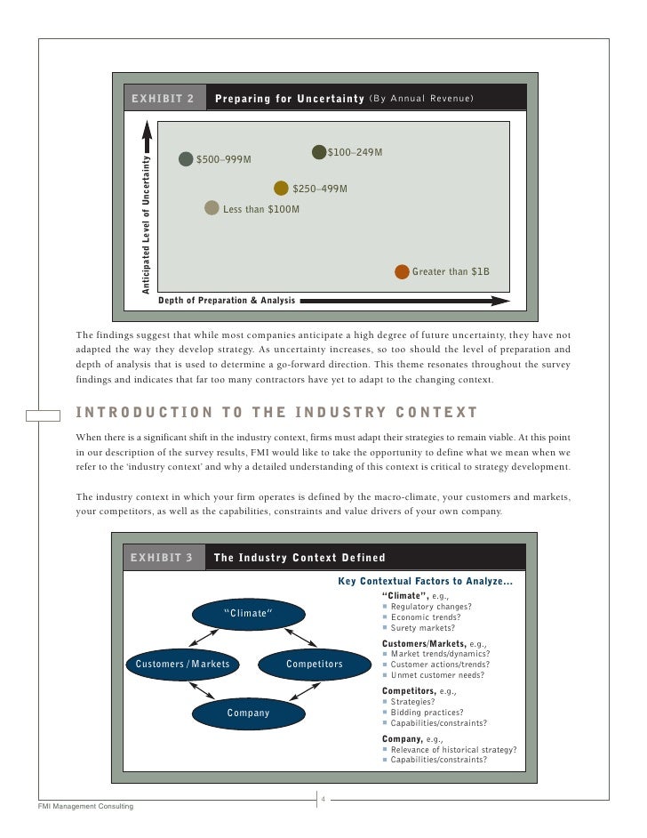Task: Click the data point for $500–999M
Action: (186, 159)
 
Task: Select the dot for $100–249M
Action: (319, 152)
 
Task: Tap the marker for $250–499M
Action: (281, 188)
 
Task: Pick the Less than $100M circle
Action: (212, 208)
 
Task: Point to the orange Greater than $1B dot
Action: (402, 271)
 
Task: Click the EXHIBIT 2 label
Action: (163, 98)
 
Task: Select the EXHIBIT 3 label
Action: (161, 558)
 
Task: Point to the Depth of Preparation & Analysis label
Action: (227, 301)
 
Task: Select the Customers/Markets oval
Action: (182, 664)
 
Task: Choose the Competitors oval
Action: (315, 664)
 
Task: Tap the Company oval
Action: (248, 713)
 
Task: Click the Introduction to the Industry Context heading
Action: (277, 412)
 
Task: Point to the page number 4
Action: (323, 798)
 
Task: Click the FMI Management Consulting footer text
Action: (85, 806)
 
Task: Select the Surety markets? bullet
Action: (422, 627)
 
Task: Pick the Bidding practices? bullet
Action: (427, 712)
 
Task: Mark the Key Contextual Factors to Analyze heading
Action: (426, 582)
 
